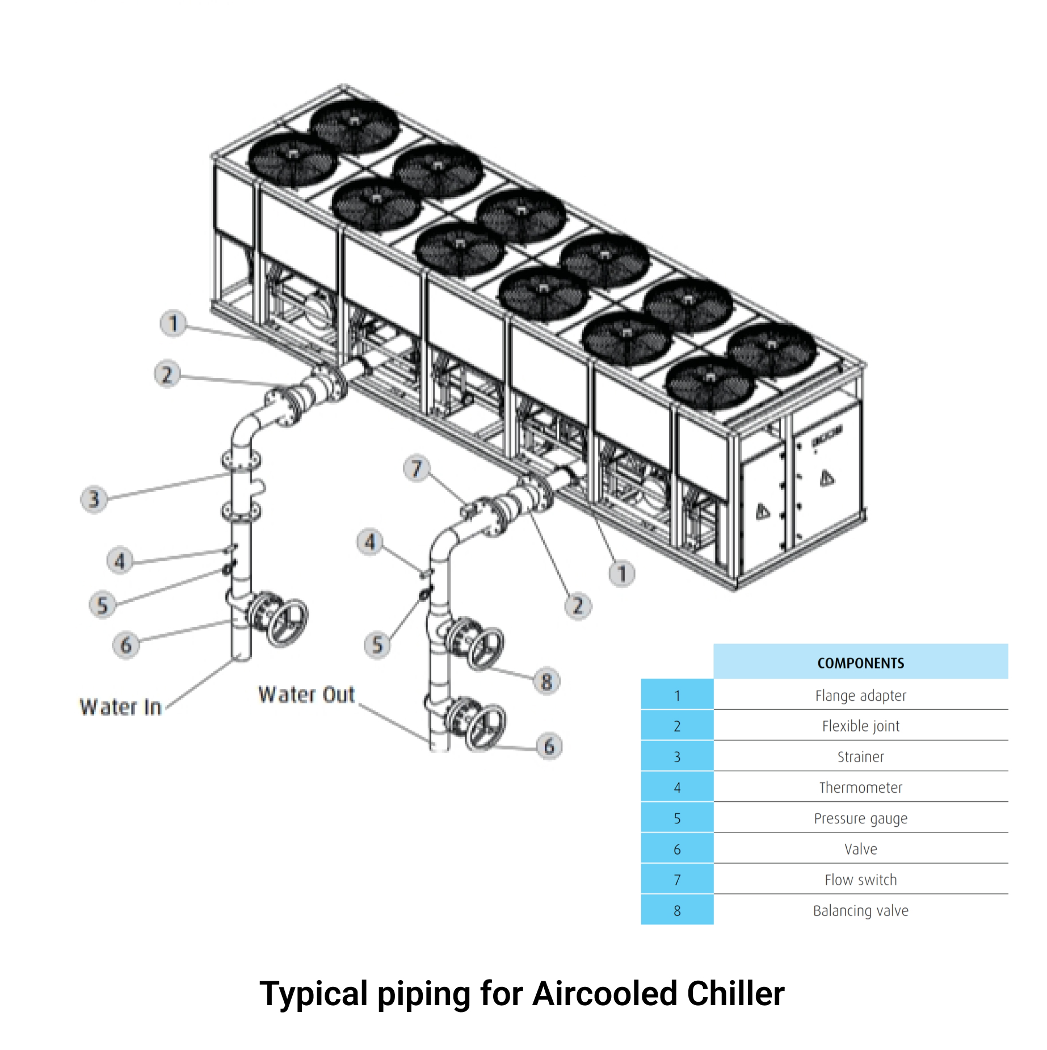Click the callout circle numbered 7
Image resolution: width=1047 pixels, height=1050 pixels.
pyautogui.click(x=417, y=469)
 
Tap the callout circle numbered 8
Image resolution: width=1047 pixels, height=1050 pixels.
pyautogui.click(x=546, y=681)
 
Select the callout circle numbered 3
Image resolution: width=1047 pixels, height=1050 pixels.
pyautogui.click(x=94, y=499)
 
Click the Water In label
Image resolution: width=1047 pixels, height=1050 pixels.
pyautogui.click(x=121, y=707)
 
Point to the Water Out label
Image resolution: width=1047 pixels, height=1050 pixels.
pyautogui.click(x=306, y=695)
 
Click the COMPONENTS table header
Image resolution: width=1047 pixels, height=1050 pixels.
pyautogui.click(x=860, y=663)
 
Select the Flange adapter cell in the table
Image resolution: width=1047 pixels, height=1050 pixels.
pyautogui.click(x=860, y=696)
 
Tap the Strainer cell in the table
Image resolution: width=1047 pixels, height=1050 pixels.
pyautogui.click(x=860, y=757)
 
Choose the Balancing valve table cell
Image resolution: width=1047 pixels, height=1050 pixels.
pyautogui.click(x=860, y=911)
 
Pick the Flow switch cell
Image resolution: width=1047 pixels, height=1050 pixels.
pyautogui.click(x=860, y=880)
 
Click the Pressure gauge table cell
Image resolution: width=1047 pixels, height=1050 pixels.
pyautogui.click(x=860, y=818)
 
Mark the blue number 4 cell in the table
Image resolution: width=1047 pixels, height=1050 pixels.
pyautogui.click(x=677, y=788)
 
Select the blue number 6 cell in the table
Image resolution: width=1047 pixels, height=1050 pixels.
pyautogui.click(x=677, y=850)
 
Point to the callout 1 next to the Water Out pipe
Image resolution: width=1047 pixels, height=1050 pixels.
pyautogui.click(x=622, y=574)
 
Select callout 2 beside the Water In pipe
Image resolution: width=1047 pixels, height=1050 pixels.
pyautogui.click(x=167, y=374)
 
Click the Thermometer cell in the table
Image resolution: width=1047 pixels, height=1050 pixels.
pyautogui.click(x=860, y=788)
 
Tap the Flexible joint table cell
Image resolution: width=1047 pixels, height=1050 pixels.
pyautogui.click(x=860, y=726)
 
